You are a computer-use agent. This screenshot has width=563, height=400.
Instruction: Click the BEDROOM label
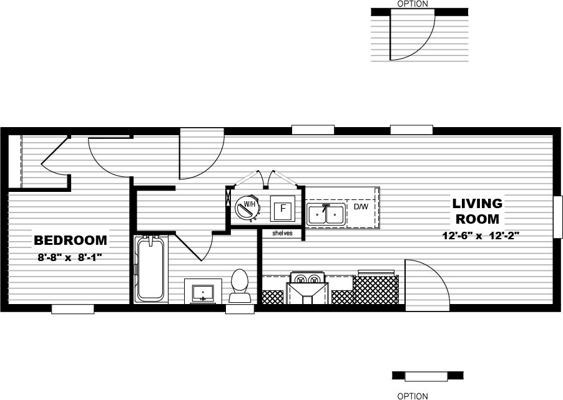click(71, 240)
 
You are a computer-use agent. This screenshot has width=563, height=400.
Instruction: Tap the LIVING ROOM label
click(477, 211)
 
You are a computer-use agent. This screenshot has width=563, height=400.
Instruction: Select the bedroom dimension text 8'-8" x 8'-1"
click(69, 257)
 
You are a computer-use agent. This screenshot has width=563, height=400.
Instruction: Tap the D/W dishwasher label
click(361, 206)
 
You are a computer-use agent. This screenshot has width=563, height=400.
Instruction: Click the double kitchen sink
click(326, 214)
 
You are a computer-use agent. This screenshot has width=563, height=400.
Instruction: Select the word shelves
click(282, 234)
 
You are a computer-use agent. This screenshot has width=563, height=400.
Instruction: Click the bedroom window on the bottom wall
click(72, 308)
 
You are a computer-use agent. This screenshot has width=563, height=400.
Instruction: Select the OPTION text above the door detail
click(413, 4)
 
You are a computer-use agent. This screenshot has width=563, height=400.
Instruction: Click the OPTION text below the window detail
click(413, 396)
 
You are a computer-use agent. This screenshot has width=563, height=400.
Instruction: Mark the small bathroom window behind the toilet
click(240, 308)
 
